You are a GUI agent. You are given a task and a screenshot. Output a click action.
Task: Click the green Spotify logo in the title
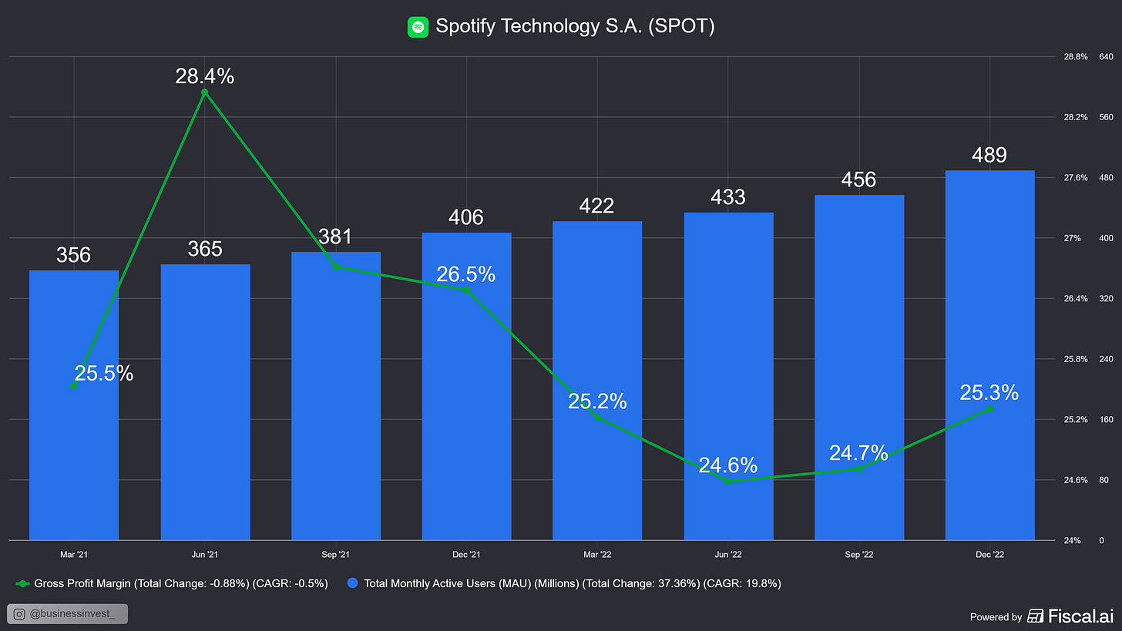point(418,27)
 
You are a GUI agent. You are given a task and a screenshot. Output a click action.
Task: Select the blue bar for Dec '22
point(989,354)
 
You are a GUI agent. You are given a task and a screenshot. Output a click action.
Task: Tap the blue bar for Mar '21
point(74,462)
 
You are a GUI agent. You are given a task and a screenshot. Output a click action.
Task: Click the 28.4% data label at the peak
point(204,76)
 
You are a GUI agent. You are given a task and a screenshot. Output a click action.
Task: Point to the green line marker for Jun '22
point(728,481)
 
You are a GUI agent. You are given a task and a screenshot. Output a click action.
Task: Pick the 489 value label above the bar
point(989,155)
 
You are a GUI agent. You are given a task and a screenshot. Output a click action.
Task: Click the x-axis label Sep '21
point(335,555)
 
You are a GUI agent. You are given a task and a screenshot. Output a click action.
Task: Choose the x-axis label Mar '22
point(597,555)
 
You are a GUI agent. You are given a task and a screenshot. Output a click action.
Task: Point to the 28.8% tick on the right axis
point(1076,57)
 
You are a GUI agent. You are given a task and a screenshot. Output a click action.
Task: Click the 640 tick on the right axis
point(1106,57)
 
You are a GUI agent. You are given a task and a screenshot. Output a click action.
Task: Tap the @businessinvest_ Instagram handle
point(67,614)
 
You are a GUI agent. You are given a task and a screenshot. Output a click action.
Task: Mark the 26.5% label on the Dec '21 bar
point(465,274)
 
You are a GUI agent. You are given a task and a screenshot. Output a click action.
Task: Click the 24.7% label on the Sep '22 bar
point(858,453)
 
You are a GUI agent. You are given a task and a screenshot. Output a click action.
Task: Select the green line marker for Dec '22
point(989,409)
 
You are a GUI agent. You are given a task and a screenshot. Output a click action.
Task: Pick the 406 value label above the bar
point(466,217)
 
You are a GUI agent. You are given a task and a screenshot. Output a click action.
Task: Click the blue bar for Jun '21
point(205,401)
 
